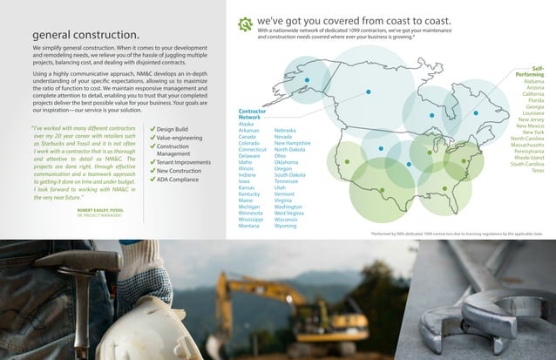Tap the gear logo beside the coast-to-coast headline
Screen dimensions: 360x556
pyautogui.click(x=246, y=24)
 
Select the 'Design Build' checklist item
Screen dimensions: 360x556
pyautogui.click(x=179, y=129)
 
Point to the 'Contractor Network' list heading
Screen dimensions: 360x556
pyautogui.click(x=253, y=113)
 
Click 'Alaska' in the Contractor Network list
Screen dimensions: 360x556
pyautogui.click(x=246, y=124)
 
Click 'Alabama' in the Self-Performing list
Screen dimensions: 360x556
pyautogui.click(x=534, y=81)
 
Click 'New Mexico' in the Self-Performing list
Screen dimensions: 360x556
pyautogui.click(x=530, y=126)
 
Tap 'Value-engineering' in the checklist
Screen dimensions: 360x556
pyautogui.click(x=185, y=138)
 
